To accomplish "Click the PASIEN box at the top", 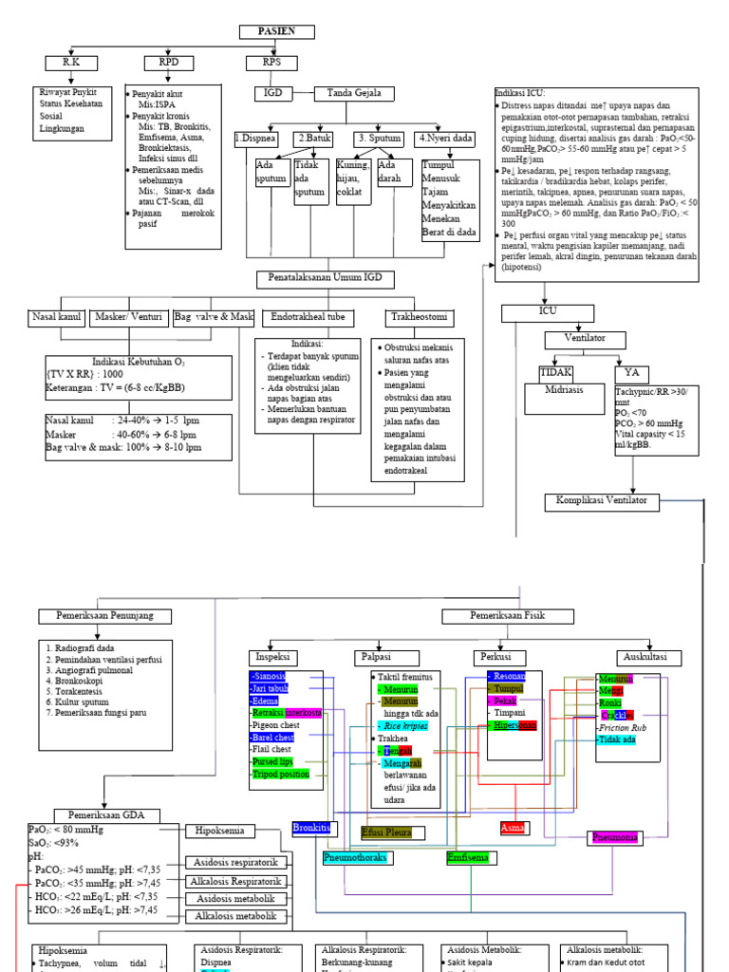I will (x=276, y=32).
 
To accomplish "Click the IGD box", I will (x=269, y=93).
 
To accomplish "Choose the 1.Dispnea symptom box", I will (x=255, y=139).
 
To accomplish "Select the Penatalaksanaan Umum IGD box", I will (x=325, y=278).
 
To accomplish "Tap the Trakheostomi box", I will (x=418, y=316).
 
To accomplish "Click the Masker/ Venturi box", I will (x=129, y=316).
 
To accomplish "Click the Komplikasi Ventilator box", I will (x=602, y=500).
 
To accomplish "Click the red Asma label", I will (x=513, y=828).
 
